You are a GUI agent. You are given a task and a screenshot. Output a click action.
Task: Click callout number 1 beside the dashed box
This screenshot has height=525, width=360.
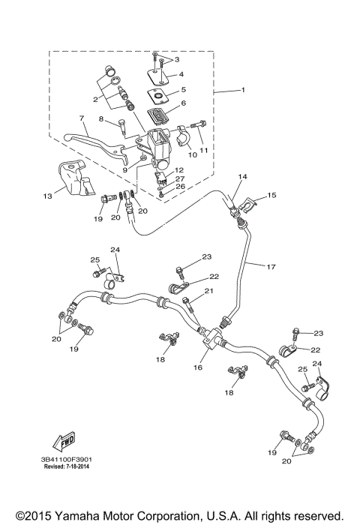[242, 91]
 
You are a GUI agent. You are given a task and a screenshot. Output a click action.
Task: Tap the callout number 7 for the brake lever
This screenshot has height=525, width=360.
[80, 118]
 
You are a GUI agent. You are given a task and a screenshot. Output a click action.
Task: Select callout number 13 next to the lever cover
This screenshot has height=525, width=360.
[48, 196]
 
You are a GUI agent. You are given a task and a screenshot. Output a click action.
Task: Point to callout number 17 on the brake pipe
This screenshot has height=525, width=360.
[271, 265]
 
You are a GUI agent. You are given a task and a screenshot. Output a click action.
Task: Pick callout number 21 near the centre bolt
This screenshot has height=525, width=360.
[209, 291]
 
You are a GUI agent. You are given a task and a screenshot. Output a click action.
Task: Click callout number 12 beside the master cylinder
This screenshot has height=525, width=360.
[180, 170]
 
